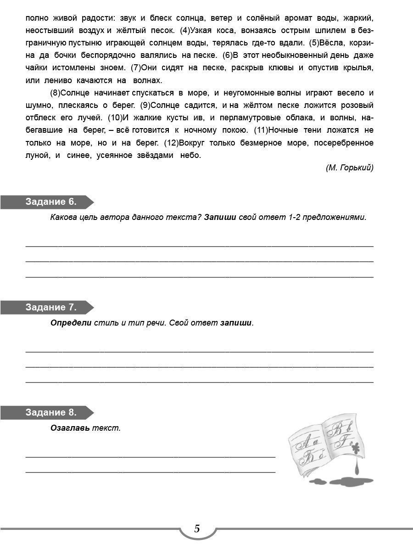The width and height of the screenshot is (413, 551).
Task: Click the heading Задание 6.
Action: tap(51, 202)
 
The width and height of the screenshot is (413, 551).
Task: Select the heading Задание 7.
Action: tap(51, 307)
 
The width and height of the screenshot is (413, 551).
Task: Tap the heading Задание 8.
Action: tap(51, 412)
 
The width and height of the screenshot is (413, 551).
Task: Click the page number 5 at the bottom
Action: tap(197, 529)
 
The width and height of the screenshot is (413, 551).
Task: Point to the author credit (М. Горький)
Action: tap(349, 168)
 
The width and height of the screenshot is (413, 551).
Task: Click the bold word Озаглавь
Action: tap(70, 428)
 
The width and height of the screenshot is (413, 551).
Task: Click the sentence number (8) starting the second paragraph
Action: tap(56, 93)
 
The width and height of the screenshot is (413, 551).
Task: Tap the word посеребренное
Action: tap(344, 142)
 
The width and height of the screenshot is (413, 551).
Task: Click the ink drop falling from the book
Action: tap(357, 468)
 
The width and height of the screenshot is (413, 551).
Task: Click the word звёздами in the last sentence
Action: tap(151, 155)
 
